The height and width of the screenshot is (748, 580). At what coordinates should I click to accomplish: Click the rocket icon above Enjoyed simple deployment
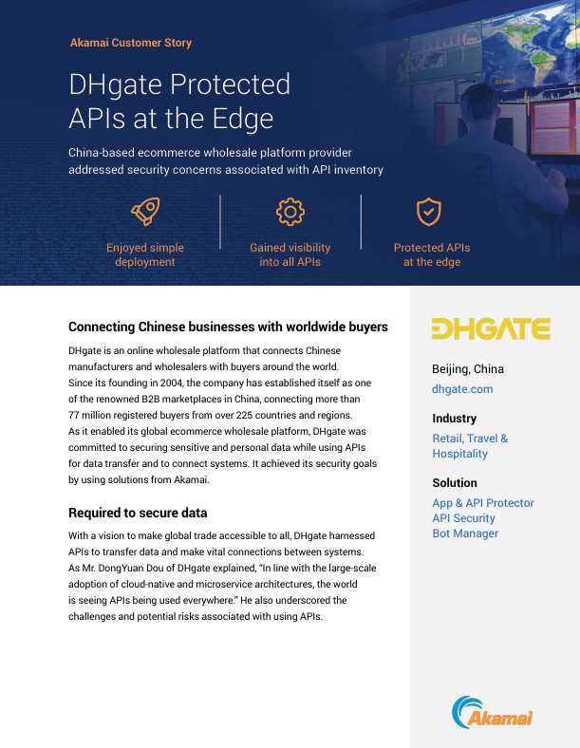tap(144, 213)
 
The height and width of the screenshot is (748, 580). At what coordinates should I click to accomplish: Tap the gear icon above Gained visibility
tap(290, 212)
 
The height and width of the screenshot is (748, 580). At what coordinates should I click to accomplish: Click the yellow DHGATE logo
tap(491, 328)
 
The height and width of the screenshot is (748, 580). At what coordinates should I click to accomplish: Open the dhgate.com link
tap(462, 389)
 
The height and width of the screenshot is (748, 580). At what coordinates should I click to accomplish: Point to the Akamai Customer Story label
tap(131, 43)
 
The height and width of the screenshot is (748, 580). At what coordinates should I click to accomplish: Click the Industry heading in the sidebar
tap(455, 419)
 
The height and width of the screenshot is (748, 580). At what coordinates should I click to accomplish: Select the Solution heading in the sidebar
tap(455, 483)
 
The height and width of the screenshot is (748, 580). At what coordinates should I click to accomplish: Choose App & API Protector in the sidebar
tap(483, 503)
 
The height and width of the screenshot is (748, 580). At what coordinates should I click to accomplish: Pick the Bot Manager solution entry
tap(465, 533)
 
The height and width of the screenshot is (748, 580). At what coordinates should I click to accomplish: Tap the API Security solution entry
tap(463, 518)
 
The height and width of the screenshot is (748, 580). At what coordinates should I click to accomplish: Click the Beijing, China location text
tap(468, 369)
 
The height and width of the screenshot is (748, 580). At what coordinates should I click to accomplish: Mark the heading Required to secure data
tap(138, 514)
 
